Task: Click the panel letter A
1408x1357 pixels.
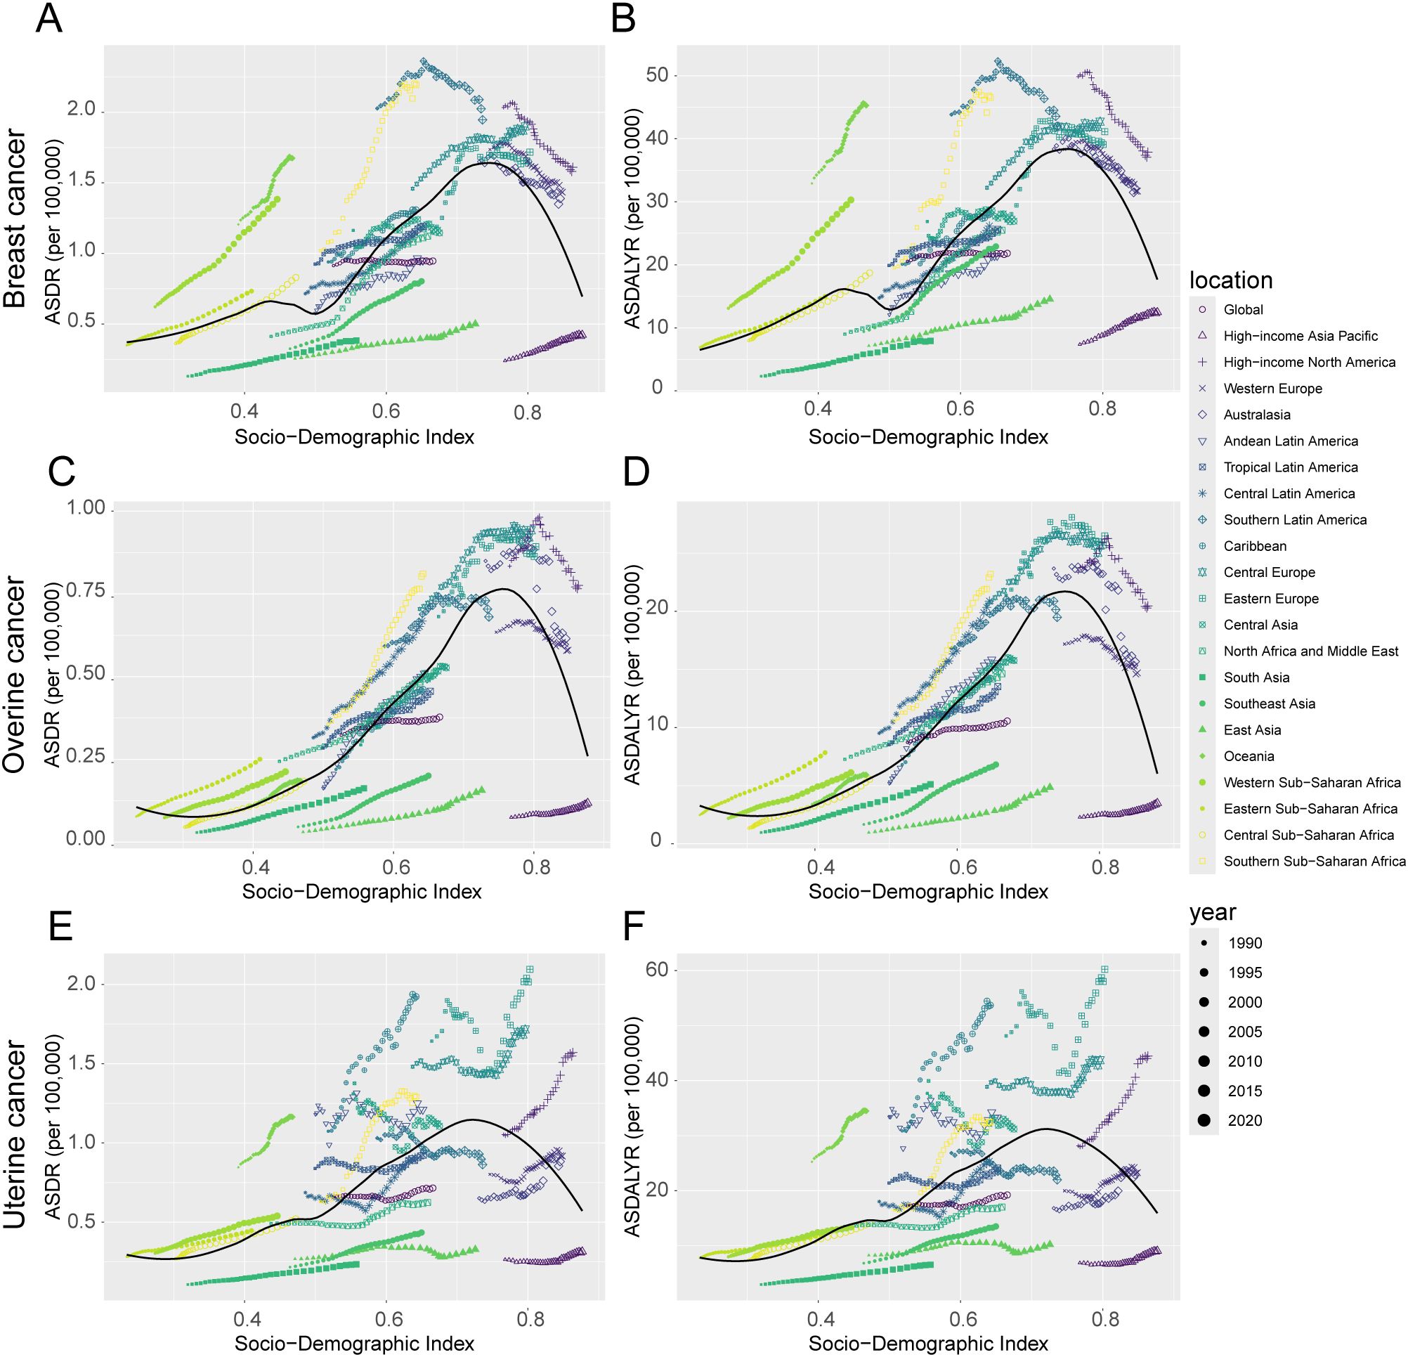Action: [49, 20]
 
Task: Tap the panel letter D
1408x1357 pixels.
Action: [637, 473]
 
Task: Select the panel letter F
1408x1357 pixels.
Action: [635, 927]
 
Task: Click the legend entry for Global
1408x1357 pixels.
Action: [1243, 310]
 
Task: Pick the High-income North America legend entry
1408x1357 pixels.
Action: [1309, 362]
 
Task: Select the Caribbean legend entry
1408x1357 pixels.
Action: [1254, 546]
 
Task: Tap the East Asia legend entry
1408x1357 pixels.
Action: [1252, 730]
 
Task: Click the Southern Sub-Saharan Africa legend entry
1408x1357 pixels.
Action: [1314, 861]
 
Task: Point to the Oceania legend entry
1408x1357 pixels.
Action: [1249, 755]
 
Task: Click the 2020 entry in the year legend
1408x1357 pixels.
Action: [1244, 1120]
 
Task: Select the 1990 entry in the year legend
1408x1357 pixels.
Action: [1244, 942]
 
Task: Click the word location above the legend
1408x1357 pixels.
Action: [1230, 280]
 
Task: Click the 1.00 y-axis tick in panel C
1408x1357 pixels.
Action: [86, 509]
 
